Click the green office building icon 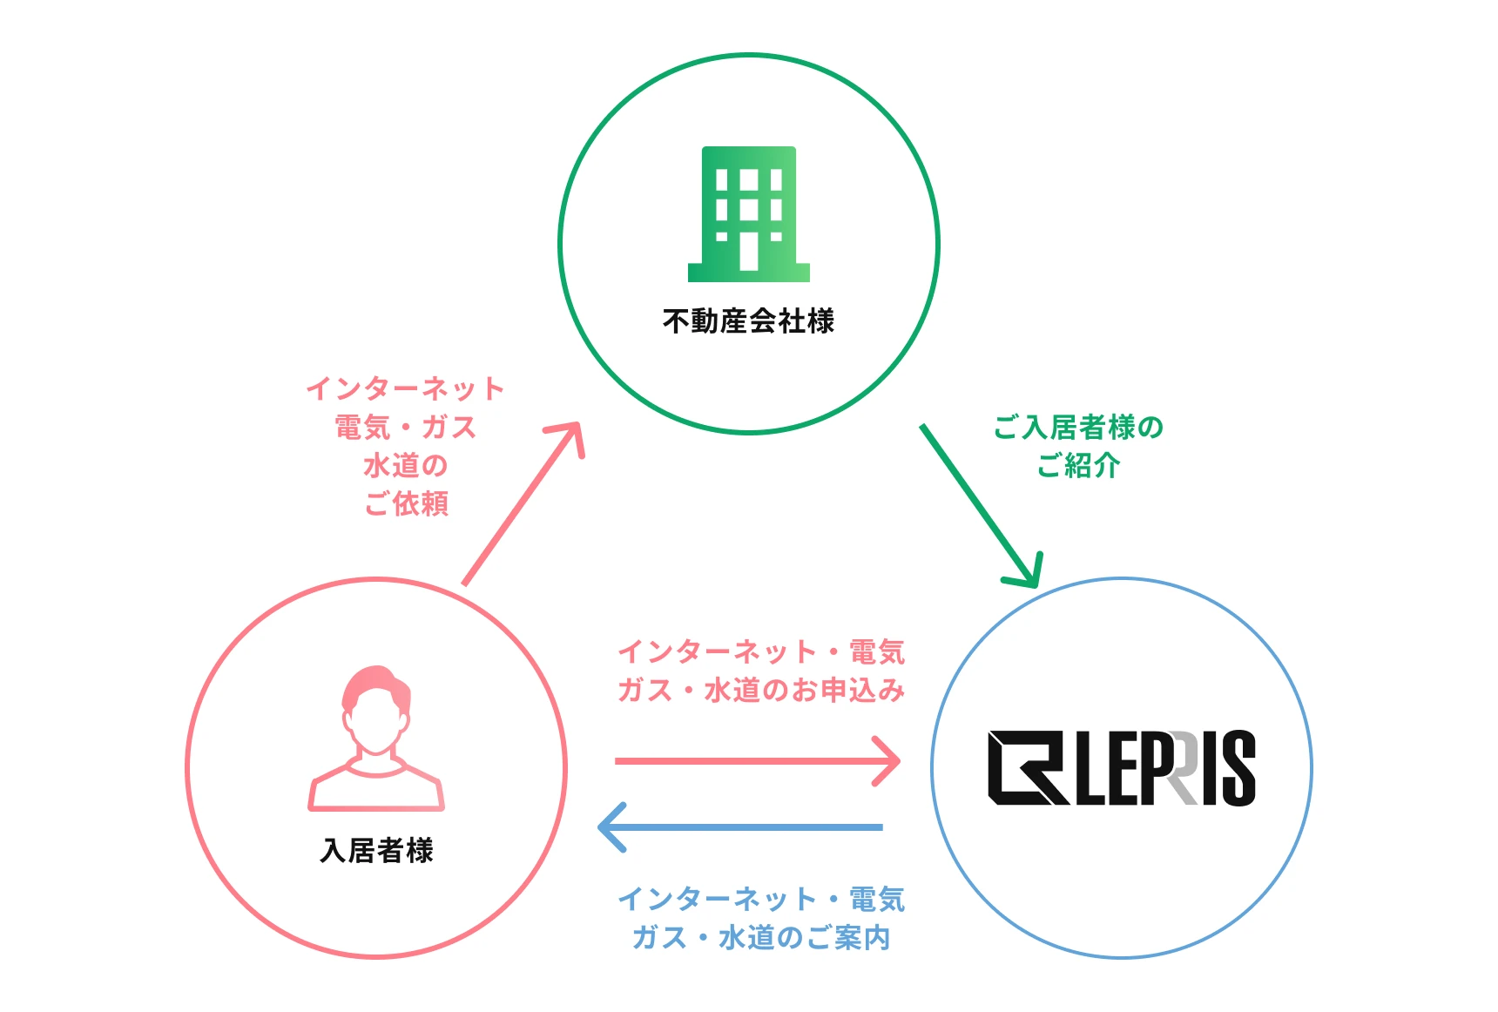click(x=749, y=213)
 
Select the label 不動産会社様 click(x=748, y=321)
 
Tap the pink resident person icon click(x=376, y=740)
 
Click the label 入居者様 click(x=376, y=850)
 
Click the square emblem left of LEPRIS click(x=1027, y=767)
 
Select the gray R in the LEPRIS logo click(x=1182, y=768)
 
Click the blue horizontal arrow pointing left click(x=740, y=826)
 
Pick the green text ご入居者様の click(x=1078, y=428)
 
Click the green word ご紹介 click(x=1078, y=466)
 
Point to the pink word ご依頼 click(x=406, y=503)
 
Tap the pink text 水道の click(x=406, y=465)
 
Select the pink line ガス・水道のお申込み click(x=761, y=691)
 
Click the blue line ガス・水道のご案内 click(x=761, y=938)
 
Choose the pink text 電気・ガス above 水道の click(x=406, y=427)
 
